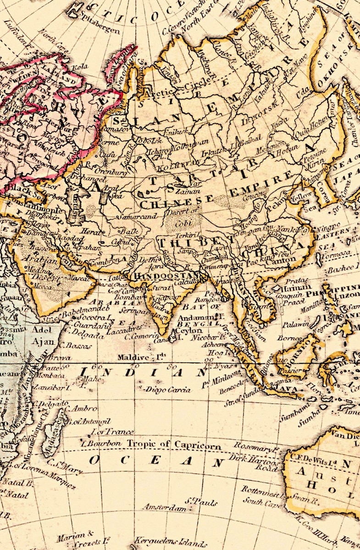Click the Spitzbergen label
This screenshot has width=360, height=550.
(x=100, y=27)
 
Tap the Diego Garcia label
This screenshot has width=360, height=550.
(x=167, y=390)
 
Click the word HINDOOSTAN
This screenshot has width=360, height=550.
(x=165, y=275)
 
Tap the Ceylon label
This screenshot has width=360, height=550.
(x=188, y=330)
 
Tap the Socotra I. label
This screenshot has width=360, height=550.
(x=94, y=317)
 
